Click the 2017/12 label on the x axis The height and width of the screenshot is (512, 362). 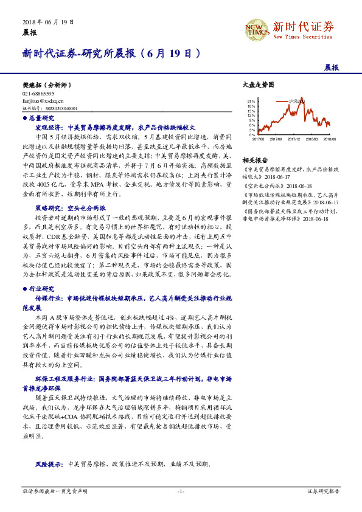(x=295, y=139)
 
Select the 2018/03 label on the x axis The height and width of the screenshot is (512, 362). (x=312, y=139)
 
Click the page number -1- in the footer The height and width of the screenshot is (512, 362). (x=180, y=490)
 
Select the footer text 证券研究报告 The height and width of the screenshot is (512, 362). (x=322, y=490)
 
